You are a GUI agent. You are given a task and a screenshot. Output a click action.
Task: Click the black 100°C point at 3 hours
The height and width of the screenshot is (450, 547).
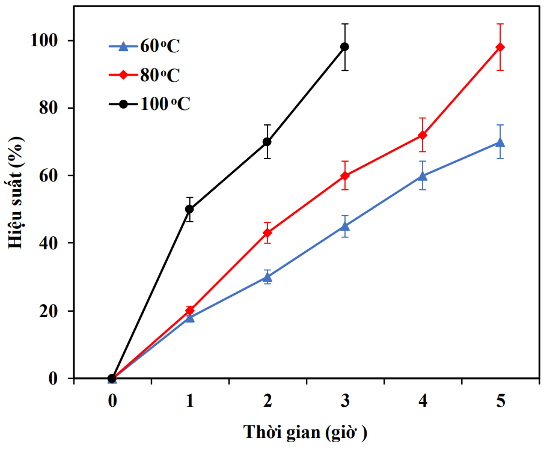(344, 47)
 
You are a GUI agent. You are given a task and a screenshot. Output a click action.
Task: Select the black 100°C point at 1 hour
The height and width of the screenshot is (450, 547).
(189, 209)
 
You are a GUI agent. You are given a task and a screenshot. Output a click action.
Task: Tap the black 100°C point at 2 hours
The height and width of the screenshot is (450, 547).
(267, 142)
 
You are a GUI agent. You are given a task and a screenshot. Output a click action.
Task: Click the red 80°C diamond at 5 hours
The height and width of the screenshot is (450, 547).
(500, 47)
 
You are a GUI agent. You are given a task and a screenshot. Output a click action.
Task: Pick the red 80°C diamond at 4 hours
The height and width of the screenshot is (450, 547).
(423, 135)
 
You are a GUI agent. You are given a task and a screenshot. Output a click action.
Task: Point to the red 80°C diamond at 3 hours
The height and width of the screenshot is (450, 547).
(344, 175)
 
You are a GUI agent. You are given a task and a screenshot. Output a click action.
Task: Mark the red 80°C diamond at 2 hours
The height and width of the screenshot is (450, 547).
(267, 233)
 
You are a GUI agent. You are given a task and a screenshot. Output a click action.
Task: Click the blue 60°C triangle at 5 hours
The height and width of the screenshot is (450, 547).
(500, 142)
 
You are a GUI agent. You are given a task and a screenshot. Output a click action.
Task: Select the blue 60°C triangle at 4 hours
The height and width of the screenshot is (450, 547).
(423, 175)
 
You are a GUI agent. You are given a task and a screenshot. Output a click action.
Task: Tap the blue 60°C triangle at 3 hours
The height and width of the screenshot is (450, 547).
(344, 226)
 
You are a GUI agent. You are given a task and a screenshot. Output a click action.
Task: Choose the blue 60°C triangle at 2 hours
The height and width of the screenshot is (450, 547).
(267, 276)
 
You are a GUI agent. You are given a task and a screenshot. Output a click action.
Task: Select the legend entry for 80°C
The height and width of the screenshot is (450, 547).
(144, 74)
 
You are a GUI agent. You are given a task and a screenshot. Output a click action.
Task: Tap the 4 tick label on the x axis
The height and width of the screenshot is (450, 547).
(423, 401)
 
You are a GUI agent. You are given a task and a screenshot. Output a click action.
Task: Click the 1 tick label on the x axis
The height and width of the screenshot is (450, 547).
(189, 401)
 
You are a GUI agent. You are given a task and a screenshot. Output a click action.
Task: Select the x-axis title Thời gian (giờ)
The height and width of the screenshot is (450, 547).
(305, 432)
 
